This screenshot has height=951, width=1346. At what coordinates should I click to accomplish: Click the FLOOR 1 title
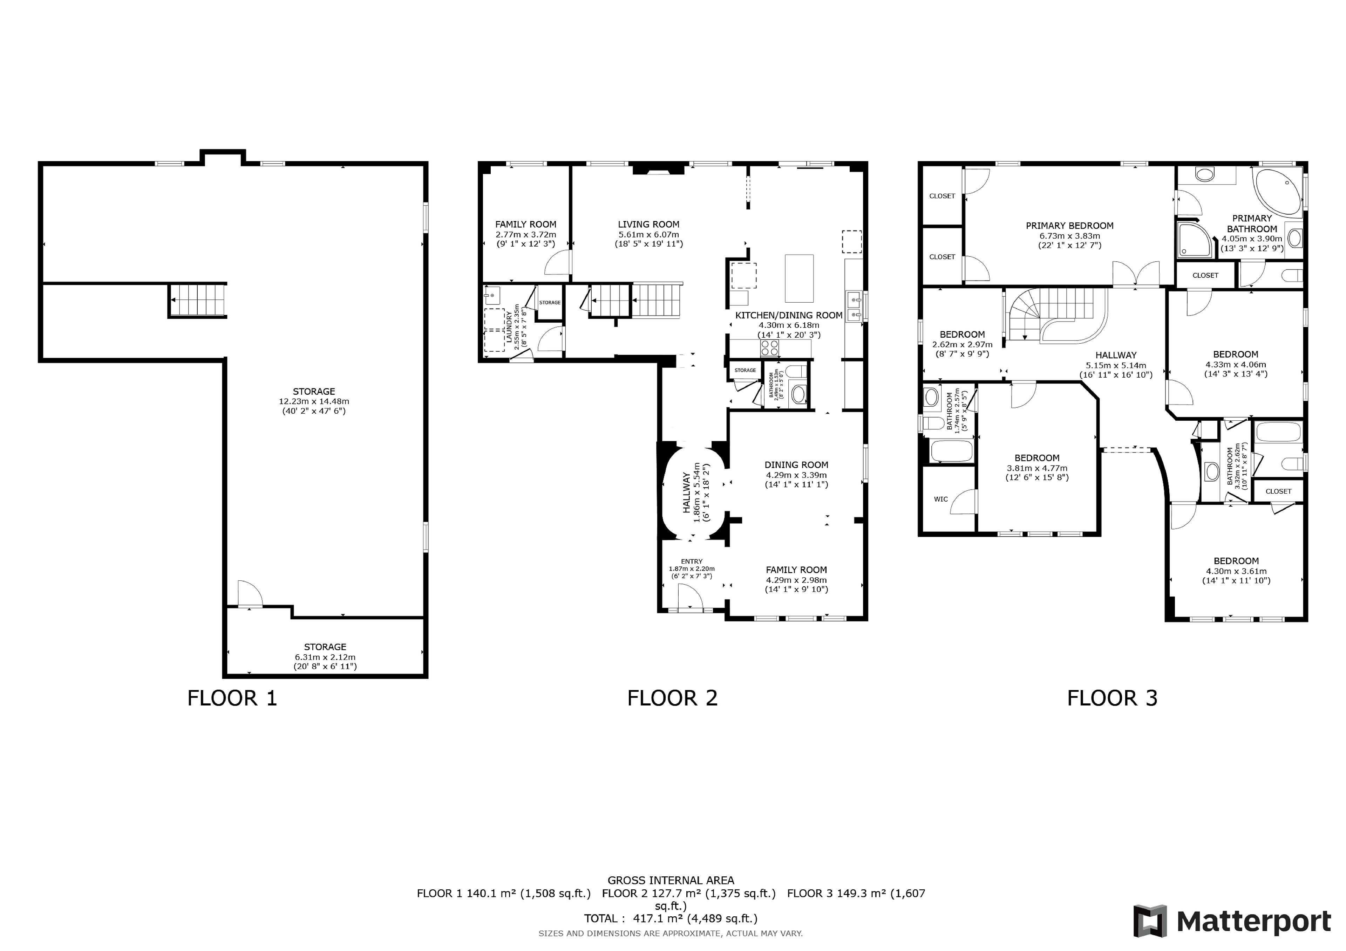click(x=232, y=698)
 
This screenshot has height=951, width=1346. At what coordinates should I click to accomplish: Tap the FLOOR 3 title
click(x=1112, y=698)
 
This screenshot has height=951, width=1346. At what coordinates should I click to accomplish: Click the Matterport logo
click(x=1232, y=921)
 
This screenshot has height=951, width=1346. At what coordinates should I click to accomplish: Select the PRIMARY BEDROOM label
click(x=1069, y=226)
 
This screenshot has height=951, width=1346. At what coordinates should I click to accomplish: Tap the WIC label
click(x=941, y=499)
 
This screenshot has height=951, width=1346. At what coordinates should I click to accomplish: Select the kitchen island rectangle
click(x=799, y=278)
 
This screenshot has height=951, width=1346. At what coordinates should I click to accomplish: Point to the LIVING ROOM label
click(x=648, y=224)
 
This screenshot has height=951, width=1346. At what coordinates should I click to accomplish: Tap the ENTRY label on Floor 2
click(x=692, y=561)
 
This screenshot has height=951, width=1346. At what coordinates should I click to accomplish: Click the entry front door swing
click(x=691, y=598)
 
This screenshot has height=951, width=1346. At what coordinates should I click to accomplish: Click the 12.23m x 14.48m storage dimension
click(x=314, y=401)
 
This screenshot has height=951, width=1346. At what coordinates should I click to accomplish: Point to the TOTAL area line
click(x=671, y=918)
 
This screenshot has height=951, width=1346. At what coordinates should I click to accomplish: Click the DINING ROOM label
click(x=796, y=465)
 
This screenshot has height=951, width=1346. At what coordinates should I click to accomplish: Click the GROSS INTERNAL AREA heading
click(x=671, y=880)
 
